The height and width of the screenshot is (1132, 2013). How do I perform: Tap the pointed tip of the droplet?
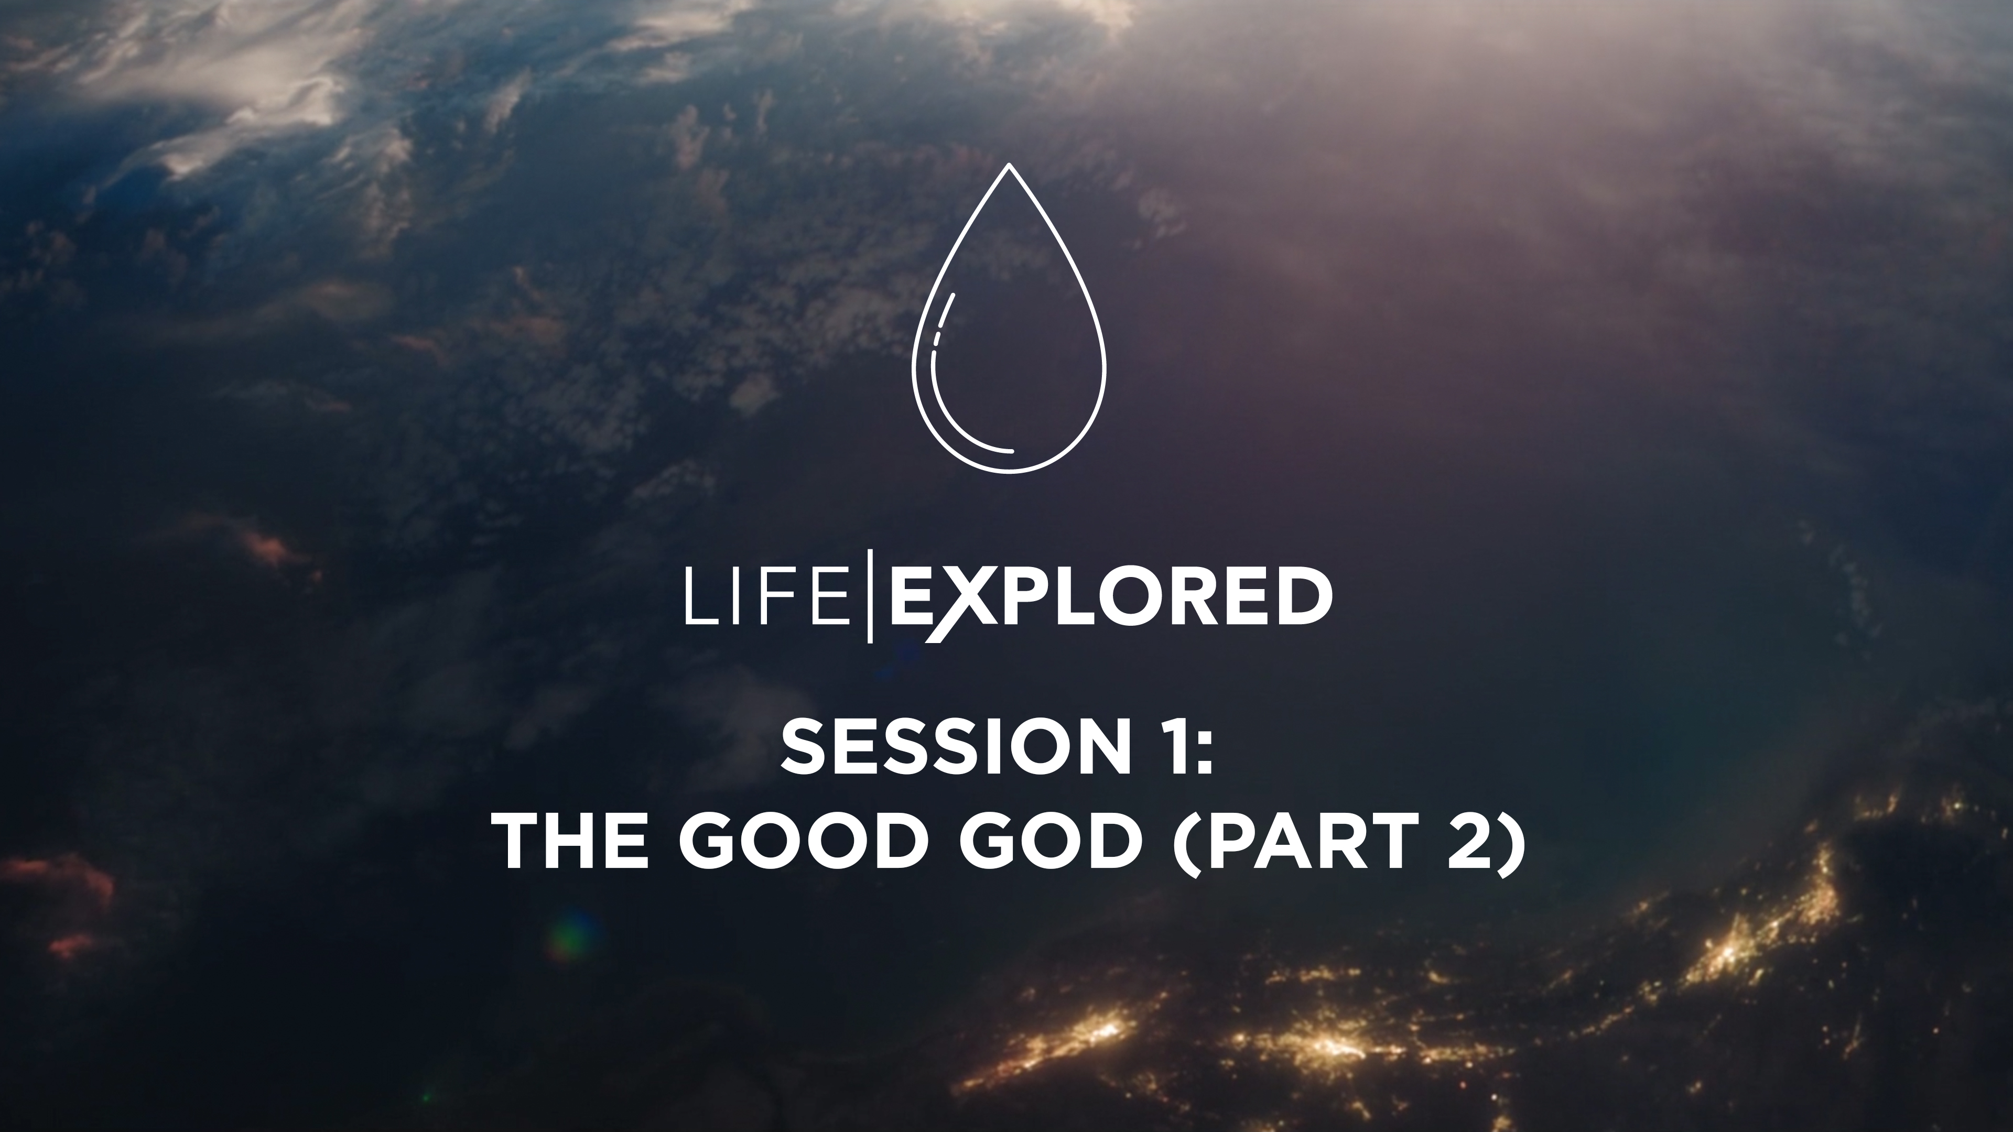(1009, 167)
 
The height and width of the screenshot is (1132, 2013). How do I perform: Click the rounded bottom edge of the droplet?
(1009, 471)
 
